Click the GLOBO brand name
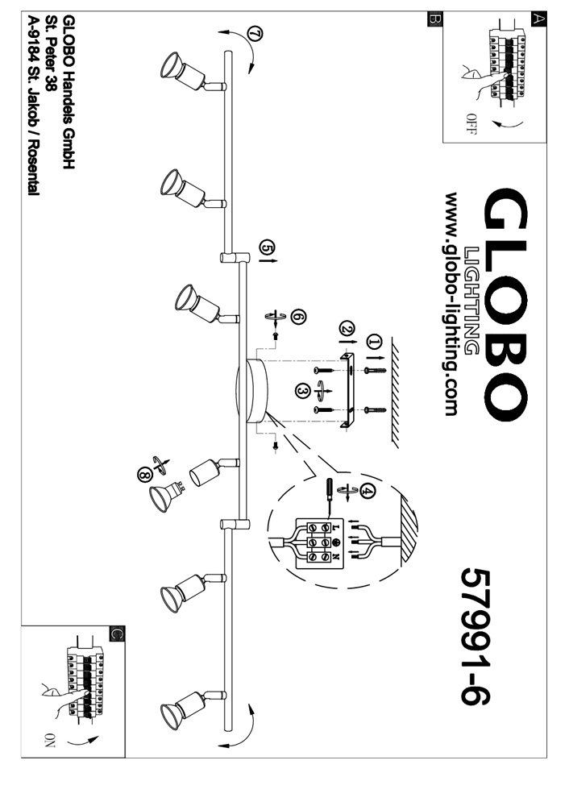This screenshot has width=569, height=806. point(506,304)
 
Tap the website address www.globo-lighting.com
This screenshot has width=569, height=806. point(451,305)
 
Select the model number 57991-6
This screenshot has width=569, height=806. point(477,636)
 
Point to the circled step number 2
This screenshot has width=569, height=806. point(347,329)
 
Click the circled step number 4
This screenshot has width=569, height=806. point(368,489)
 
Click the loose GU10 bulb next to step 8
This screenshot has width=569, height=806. point(164,496)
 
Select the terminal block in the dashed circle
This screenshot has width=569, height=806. point(320,542)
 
